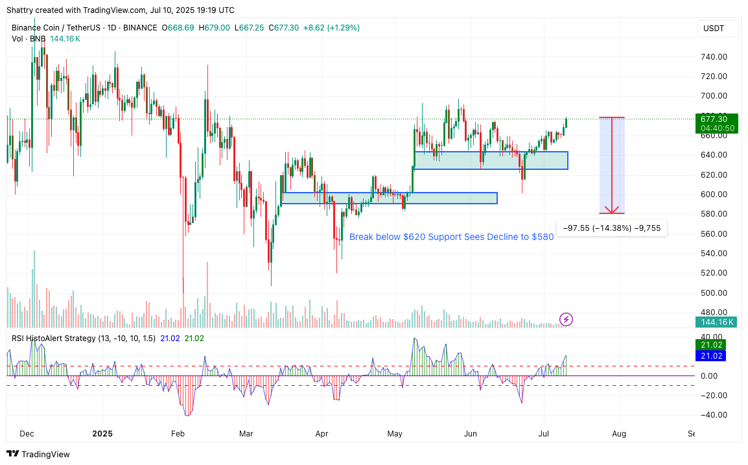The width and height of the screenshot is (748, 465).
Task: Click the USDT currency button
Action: (x=714, y=29)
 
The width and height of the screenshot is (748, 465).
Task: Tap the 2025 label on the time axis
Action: (x=102, y=433)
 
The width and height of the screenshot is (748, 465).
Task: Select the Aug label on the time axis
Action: (x=619, y=433)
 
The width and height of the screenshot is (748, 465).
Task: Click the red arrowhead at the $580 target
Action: (x=612, y=210)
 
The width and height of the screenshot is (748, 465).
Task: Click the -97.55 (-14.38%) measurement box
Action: (x=611, y=228)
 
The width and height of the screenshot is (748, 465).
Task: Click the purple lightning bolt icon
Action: (x=567, y=319)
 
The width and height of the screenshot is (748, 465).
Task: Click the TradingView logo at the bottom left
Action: (x=38, y=454)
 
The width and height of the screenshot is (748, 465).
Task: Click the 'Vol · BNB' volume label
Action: (x=29, y=39)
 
